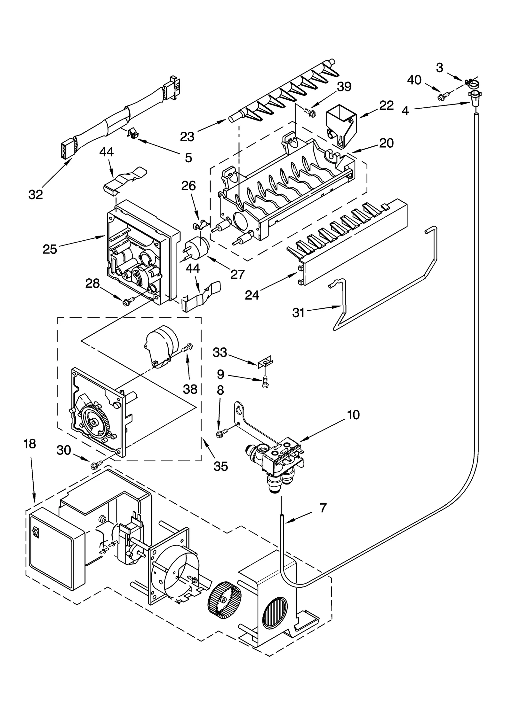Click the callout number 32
point(36,194)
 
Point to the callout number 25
point(50,249)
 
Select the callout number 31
point(298,312)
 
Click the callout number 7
point(323,508)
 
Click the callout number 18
point(30,444)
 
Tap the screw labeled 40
point(444,95)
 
